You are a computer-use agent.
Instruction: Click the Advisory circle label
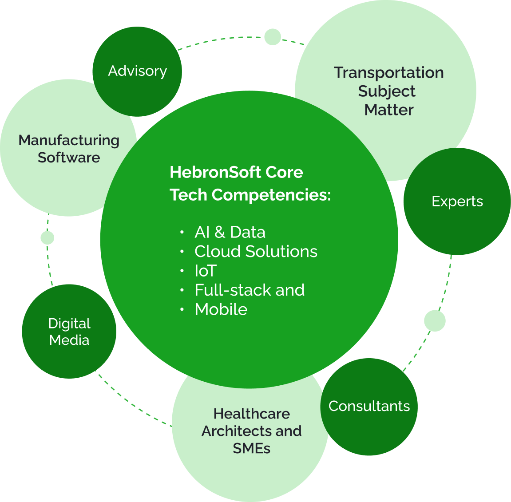point(138,71)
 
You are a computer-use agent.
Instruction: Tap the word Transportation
point(389,72)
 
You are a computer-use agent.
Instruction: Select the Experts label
point(457,202)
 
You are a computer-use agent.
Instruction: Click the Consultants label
point(369,406)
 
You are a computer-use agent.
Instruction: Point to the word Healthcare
point(252,414)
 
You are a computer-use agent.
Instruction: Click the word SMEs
point(252,448)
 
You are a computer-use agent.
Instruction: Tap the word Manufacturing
point(69,141)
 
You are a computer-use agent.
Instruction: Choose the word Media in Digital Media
point(69,340)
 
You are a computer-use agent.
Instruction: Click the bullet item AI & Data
point(230,232)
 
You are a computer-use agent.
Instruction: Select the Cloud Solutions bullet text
point(256,252)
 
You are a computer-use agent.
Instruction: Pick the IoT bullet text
point(206,271)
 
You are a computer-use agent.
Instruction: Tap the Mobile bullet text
point(221,309)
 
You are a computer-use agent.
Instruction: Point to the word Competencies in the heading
point(271,195)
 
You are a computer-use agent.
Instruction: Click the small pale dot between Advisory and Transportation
point(273,37)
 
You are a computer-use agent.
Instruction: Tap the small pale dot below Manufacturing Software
point(47,238)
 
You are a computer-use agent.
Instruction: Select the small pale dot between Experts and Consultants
point(435,321)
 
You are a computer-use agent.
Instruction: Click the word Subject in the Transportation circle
point(387,91)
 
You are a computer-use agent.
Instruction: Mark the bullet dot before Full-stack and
point(182,290)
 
